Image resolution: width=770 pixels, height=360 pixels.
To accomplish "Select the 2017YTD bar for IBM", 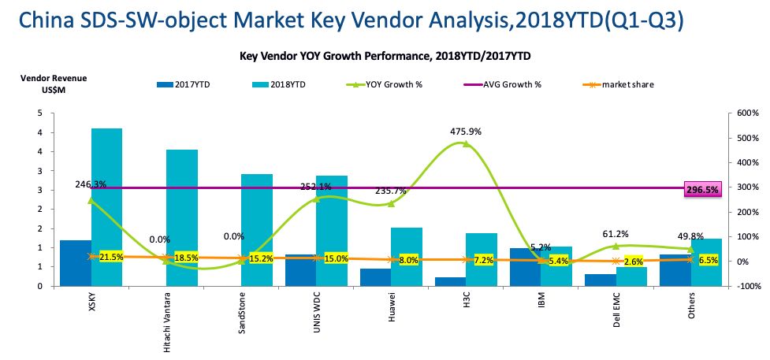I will tap(525, 267).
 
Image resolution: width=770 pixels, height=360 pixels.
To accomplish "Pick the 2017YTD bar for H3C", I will tap(450, 281).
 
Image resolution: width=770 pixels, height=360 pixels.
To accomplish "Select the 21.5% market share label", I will tap(111, 258).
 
